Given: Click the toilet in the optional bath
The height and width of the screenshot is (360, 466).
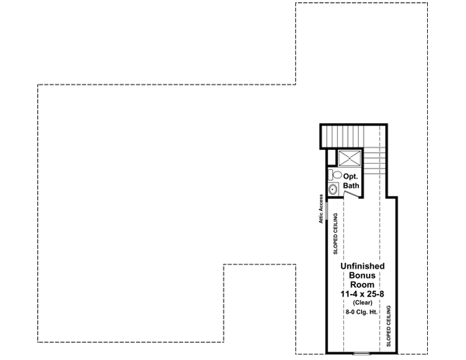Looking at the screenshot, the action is [335, 175].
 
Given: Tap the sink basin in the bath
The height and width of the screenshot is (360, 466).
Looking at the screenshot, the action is [333, 189].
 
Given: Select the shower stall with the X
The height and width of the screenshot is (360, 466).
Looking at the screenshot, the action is [349, 157].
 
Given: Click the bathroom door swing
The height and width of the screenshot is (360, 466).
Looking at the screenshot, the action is [351, 194].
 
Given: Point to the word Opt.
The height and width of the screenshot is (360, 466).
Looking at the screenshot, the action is [351, 176].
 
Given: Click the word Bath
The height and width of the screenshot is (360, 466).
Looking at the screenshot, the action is [351, 185].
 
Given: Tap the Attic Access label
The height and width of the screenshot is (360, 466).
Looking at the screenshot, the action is [321, 209].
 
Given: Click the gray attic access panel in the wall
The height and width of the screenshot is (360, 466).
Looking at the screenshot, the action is [326, 210].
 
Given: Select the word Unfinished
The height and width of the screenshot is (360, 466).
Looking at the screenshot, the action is [362, 266].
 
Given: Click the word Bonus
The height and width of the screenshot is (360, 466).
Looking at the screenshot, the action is [362, 275].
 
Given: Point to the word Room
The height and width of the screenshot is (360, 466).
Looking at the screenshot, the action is [362, 284].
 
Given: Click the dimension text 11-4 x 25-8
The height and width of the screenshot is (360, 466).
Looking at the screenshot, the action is [362, 294].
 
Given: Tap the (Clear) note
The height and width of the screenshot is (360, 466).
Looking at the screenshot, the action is [363, 303].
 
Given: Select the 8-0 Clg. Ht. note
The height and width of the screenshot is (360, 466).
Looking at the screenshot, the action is [361, 312].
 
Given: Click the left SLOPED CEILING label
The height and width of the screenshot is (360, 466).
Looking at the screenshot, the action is [336, 234].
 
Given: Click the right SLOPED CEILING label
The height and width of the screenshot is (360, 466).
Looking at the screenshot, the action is [389, 326].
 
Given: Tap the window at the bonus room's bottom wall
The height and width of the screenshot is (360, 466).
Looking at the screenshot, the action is [361, 353].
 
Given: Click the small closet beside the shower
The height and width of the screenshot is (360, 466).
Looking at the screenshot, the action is [332, 157].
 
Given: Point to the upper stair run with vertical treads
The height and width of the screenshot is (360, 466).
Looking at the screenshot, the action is [353, 137].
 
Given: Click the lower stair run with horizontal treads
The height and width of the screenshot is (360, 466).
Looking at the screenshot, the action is [374, 161].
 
